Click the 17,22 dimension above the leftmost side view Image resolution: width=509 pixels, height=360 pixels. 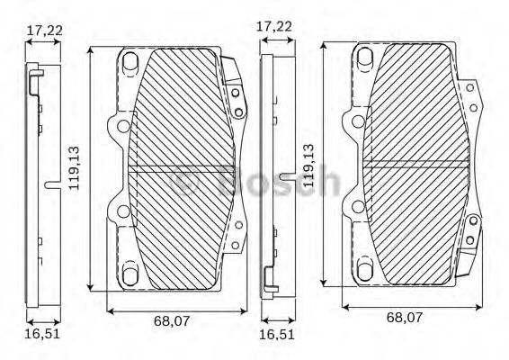[43, 31]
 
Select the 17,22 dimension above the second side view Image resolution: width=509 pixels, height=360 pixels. [274, 26]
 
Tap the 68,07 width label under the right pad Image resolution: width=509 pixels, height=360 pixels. [405, 317]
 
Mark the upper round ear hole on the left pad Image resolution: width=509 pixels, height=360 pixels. [121, 126]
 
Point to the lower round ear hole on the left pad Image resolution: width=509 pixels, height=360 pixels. [121, 212]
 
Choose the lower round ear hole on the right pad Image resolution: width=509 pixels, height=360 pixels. [357, 208]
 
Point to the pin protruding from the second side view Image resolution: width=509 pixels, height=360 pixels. [285, 173]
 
